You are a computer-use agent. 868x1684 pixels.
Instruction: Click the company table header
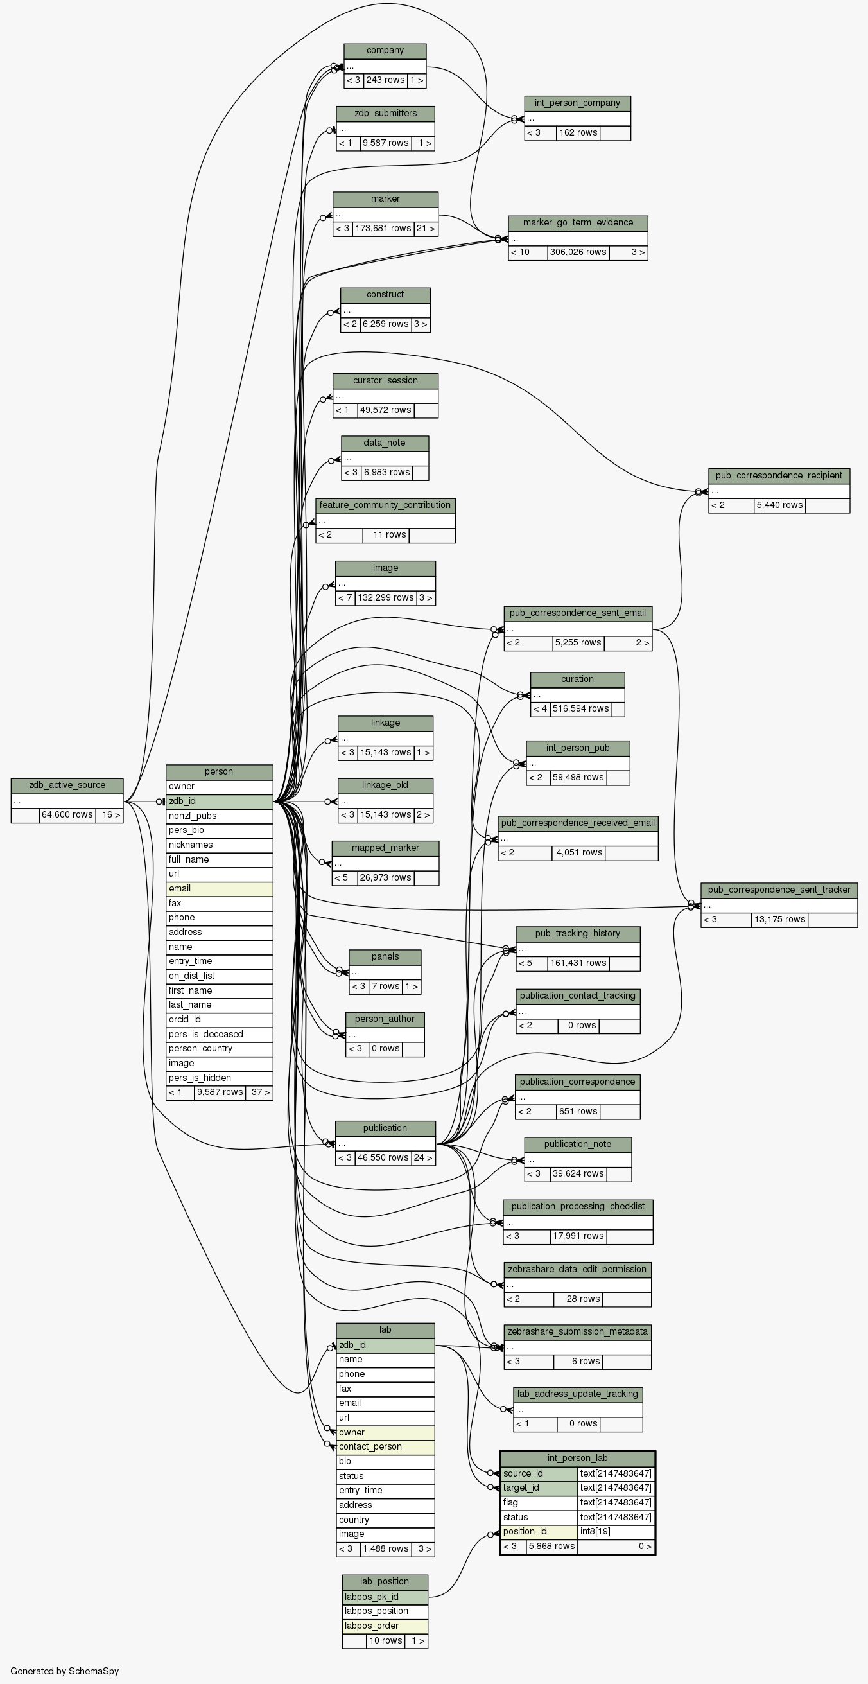385,51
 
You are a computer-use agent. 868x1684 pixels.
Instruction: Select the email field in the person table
219,888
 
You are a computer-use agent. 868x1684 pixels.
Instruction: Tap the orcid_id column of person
219,1019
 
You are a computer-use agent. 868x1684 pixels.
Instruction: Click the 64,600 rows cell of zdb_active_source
67,815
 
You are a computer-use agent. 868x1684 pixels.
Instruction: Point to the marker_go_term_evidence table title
578,223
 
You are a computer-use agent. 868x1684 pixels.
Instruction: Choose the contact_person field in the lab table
385,1447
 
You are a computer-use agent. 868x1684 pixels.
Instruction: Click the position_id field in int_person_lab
539,1532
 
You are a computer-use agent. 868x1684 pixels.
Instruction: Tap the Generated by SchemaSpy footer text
65,1671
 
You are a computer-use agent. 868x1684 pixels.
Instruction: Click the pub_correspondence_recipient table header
779,476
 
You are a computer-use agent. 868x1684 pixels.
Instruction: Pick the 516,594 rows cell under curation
580,709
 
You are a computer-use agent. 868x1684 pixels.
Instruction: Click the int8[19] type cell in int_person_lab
616,1532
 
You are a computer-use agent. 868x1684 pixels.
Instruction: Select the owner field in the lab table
385,1432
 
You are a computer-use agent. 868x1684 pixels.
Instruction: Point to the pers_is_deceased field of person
219,1034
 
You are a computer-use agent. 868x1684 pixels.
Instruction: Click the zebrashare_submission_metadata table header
577,1331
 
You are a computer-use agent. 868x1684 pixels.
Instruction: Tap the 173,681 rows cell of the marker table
383,229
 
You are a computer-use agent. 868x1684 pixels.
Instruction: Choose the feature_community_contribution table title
385,505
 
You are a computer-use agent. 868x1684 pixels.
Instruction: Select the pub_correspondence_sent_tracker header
779,890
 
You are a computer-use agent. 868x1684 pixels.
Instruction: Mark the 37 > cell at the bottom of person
259,1092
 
